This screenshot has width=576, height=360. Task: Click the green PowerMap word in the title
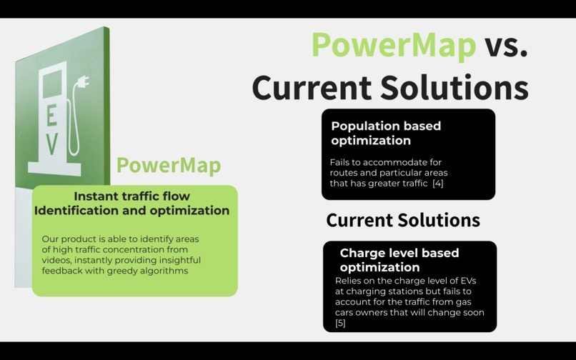(394, 45)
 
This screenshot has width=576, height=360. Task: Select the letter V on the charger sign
(51, 143)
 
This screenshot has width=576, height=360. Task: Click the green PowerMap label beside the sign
(169, 165)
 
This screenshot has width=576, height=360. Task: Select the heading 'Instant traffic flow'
(132, 196)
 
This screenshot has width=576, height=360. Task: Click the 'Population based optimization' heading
(386, 133)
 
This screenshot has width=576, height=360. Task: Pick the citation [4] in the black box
(437, 184)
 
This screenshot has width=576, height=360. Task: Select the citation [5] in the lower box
(340, 324)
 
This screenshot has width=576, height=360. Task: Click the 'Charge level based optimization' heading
(399, 260)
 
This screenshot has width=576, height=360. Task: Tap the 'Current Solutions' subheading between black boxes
(403, 220)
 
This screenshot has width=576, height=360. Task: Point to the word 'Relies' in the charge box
(349, 281)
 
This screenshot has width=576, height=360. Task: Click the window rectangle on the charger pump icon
(52, 85)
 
